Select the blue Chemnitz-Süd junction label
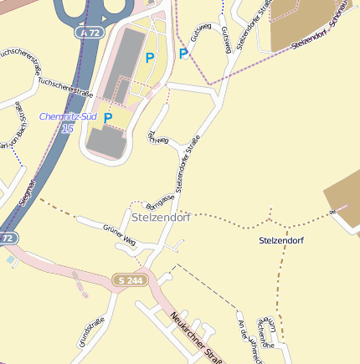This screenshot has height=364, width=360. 68,117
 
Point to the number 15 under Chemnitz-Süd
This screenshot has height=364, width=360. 68,128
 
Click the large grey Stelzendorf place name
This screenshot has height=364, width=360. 162,218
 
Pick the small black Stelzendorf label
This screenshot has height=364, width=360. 281,241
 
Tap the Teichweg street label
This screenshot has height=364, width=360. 157,137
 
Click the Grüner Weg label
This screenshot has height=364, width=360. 119,233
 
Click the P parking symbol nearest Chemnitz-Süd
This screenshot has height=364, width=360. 108,118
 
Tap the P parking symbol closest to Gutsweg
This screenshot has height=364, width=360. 183,54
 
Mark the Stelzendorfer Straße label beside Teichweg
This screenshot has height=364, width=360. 186,164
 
